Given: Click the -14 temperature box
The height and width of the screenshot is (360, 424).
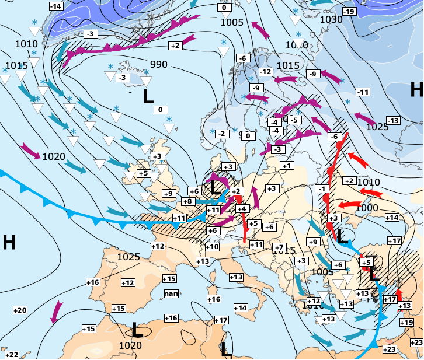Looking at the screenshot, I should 55,6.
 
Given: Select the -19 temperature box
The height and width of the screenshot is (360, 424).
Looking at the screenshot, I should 349,12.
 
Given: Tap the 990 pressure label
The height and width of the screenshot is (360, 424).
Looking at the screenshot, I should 159,64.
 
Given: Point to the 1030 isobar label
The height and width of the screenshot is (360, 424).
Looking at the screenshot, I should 331,19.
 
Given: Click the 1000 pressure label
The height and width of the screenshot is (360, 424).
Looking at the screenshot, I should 366,208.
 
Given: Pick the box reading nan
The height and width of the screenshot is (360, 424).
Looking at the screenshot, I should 171,293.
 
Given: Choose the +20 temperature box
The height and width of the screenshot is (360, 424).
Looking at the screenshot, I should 20,310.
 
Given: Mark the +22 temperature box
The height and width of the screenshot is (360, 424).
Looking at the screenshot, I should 11,355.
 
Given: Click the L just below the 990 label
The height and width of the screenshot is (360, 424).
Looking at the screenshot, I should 149,96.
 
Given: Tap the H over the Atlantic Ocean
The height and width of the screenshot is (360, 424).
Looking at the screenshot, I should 9,242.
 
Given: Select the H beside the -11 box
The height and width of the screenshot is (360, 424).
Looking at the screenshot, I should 416,89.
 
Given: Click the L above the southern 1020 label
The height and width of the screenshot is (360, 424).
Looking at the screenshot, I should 138,330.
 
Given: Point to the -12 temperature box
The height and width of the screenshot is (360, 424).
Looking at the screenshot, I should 266,72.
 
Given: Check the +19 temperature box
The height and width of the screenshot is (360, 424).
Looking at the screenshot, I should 406,323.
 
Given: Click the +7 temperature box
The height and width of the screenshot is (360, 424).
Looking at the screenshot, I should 279,247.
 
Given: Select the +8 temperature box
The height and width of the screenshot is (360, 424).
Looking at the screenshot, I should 187,201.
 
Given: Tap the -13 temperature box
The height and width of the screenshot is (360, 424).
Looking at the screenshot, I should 393,121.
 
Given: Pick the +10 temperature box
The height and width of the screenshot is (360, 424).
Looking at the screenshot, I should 212,247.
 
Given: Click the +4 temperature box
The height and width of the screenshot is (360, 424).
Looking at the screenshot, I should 242,208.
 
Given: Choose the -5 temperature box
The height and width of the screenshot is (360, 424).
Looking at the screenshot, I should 294,120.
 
